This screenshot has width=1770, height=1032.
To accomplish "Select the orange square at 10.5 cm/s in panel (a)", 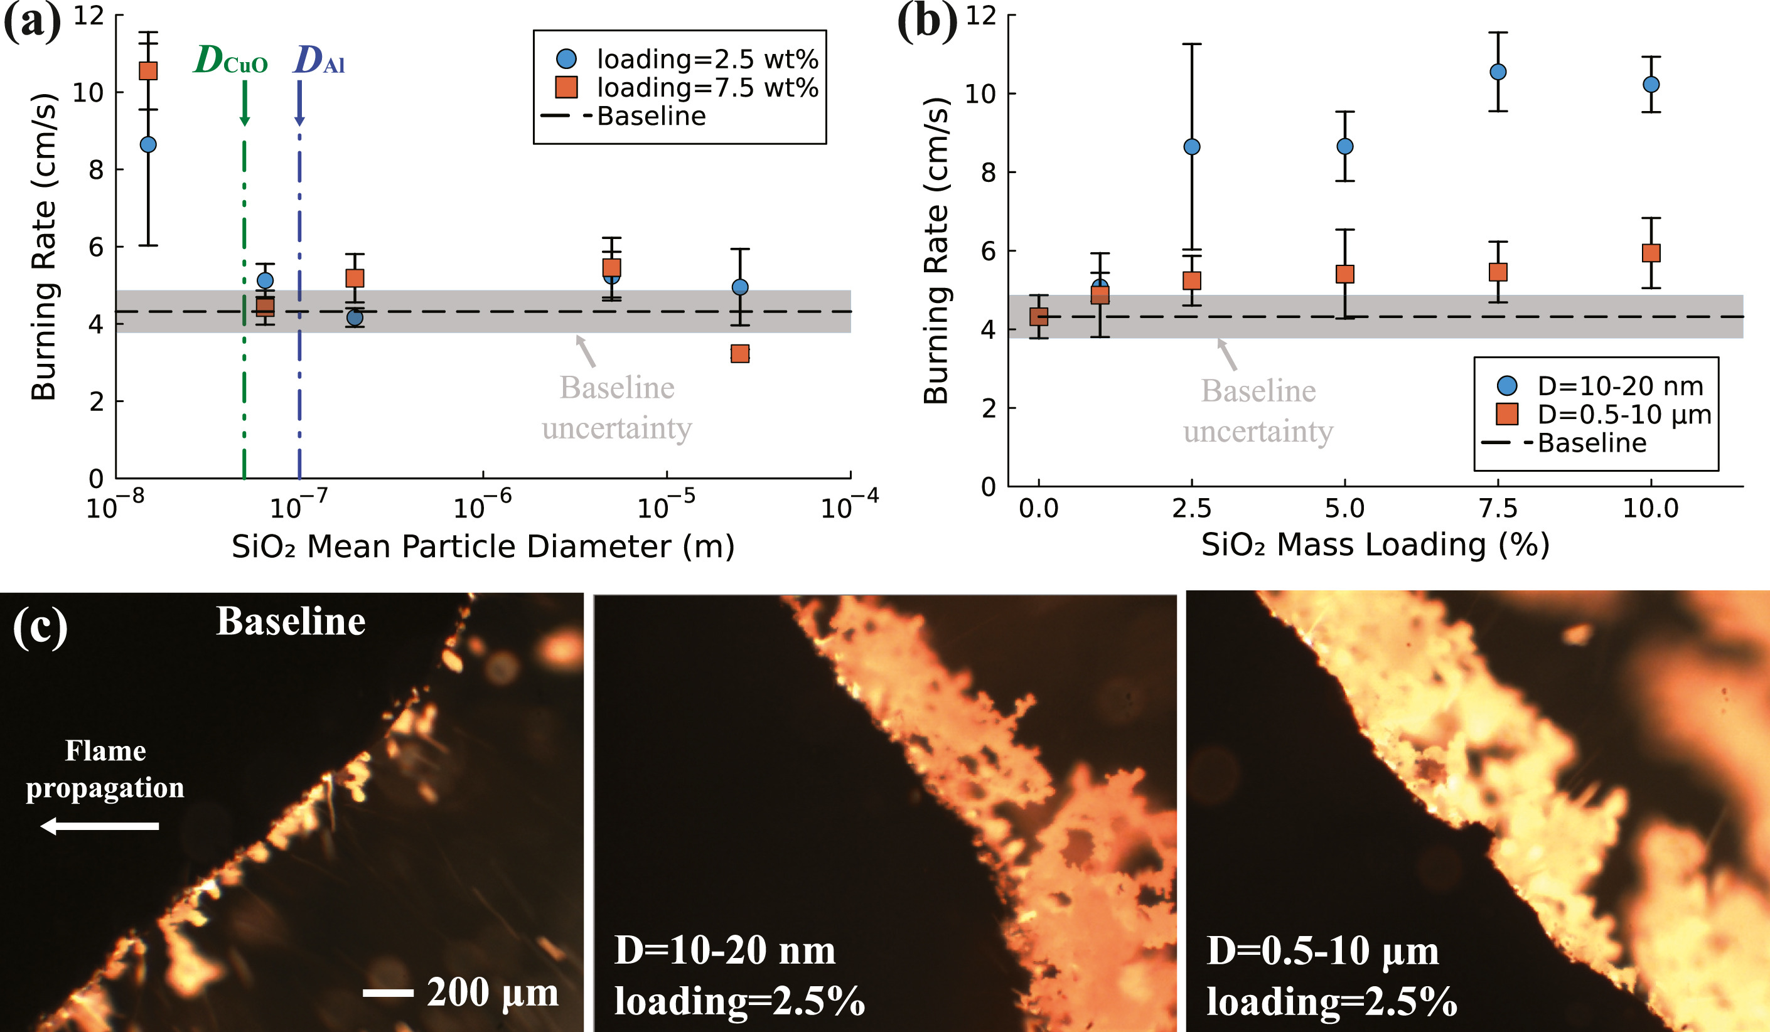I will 148,71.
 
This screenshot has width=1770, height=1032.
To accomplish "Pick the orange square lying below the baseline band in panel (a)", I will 739,354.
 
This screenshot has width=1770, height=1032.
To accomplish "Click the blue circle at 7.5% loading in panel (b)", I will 1498,72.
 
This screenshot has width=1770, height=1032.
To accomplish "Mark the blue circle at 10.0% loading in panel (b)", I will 1651,84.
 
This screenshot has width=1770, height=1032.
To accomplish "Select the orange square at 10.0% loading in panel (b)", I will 1651,253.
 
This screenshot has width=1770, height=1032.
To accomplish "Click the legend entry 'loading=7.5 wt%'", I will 707,88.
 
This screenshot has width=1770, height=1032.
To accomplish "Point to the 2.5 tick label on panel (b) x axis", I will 1192,508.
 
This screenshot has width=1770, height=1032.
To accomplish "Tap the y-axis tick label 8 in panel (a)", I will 95,170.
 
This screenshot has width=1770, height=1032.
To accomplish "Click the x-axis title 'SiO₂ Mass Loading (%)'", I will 1375,545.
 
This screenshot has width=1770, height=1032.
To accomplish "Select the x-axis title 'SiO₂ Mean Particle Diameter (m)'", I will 483,547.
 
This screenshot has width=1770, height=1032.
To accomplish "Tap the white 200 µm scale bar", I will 388,992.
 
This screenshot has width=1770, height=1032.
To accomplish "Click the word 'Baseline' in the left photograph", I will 290,622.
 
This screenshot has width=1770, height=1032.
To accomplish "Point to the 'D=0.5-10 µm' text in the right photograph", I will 1322,951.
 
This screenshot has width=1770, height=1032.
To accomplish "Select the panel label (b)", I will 927,21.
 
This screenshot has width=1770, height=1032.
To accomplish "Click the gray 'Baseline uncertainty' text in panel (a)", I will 617,408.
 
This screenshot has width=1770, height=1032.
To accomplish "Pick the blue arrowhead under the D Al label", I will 300,120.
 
